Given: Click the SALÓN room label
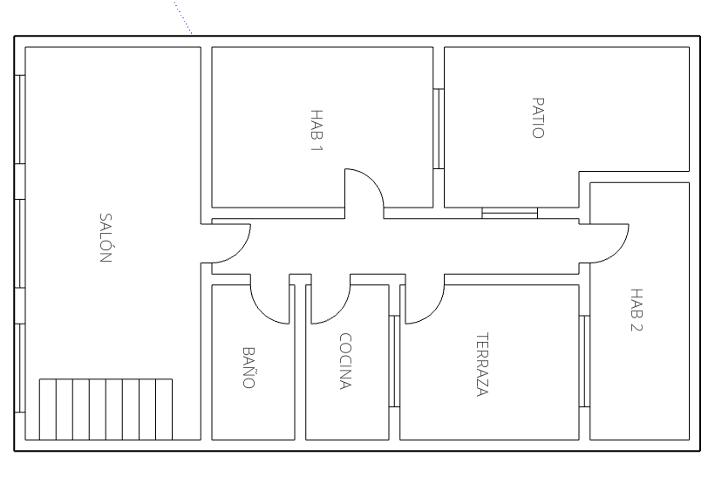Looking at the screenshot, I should [x=106, y=238].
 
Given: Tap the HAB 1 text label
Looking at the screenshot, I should [x=316, y=130].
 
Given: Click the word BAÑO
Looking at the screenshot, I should [x=249, y=367].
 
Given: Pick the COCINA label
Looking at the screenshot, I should [x=345, y=361].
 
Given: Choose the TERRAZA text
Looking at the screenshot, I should [x=480, y=365].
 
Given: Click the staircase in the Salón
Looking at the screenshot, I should [x=106, y=409].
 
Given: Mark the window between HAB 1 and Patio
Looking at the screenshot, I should [x=439, y=128].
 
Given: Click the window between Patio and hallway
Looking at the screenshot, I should [x=510, y=213].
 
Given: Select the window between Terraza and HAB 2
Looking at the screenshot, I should [x=585, y=361].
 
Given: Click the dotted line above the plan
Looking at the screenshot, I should [x=183, y=17].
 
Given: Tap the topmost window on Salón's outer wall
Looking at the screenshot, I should [x=20, y=119].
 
